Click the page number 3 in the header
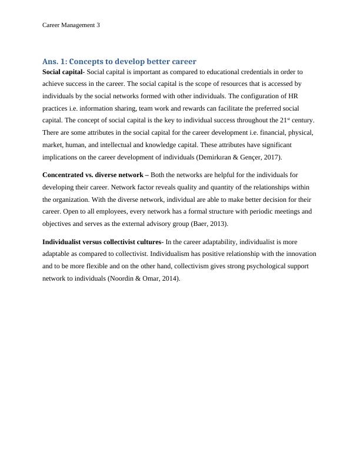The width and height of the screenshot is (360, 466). coord(98,25)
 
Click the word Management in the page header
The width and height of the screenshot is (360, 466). coord(78,25)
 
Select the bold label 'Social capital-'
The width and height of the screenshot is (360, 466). coord(64,72)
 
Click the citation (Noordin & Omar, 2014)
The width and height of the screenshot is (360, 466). coord(143,278)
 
